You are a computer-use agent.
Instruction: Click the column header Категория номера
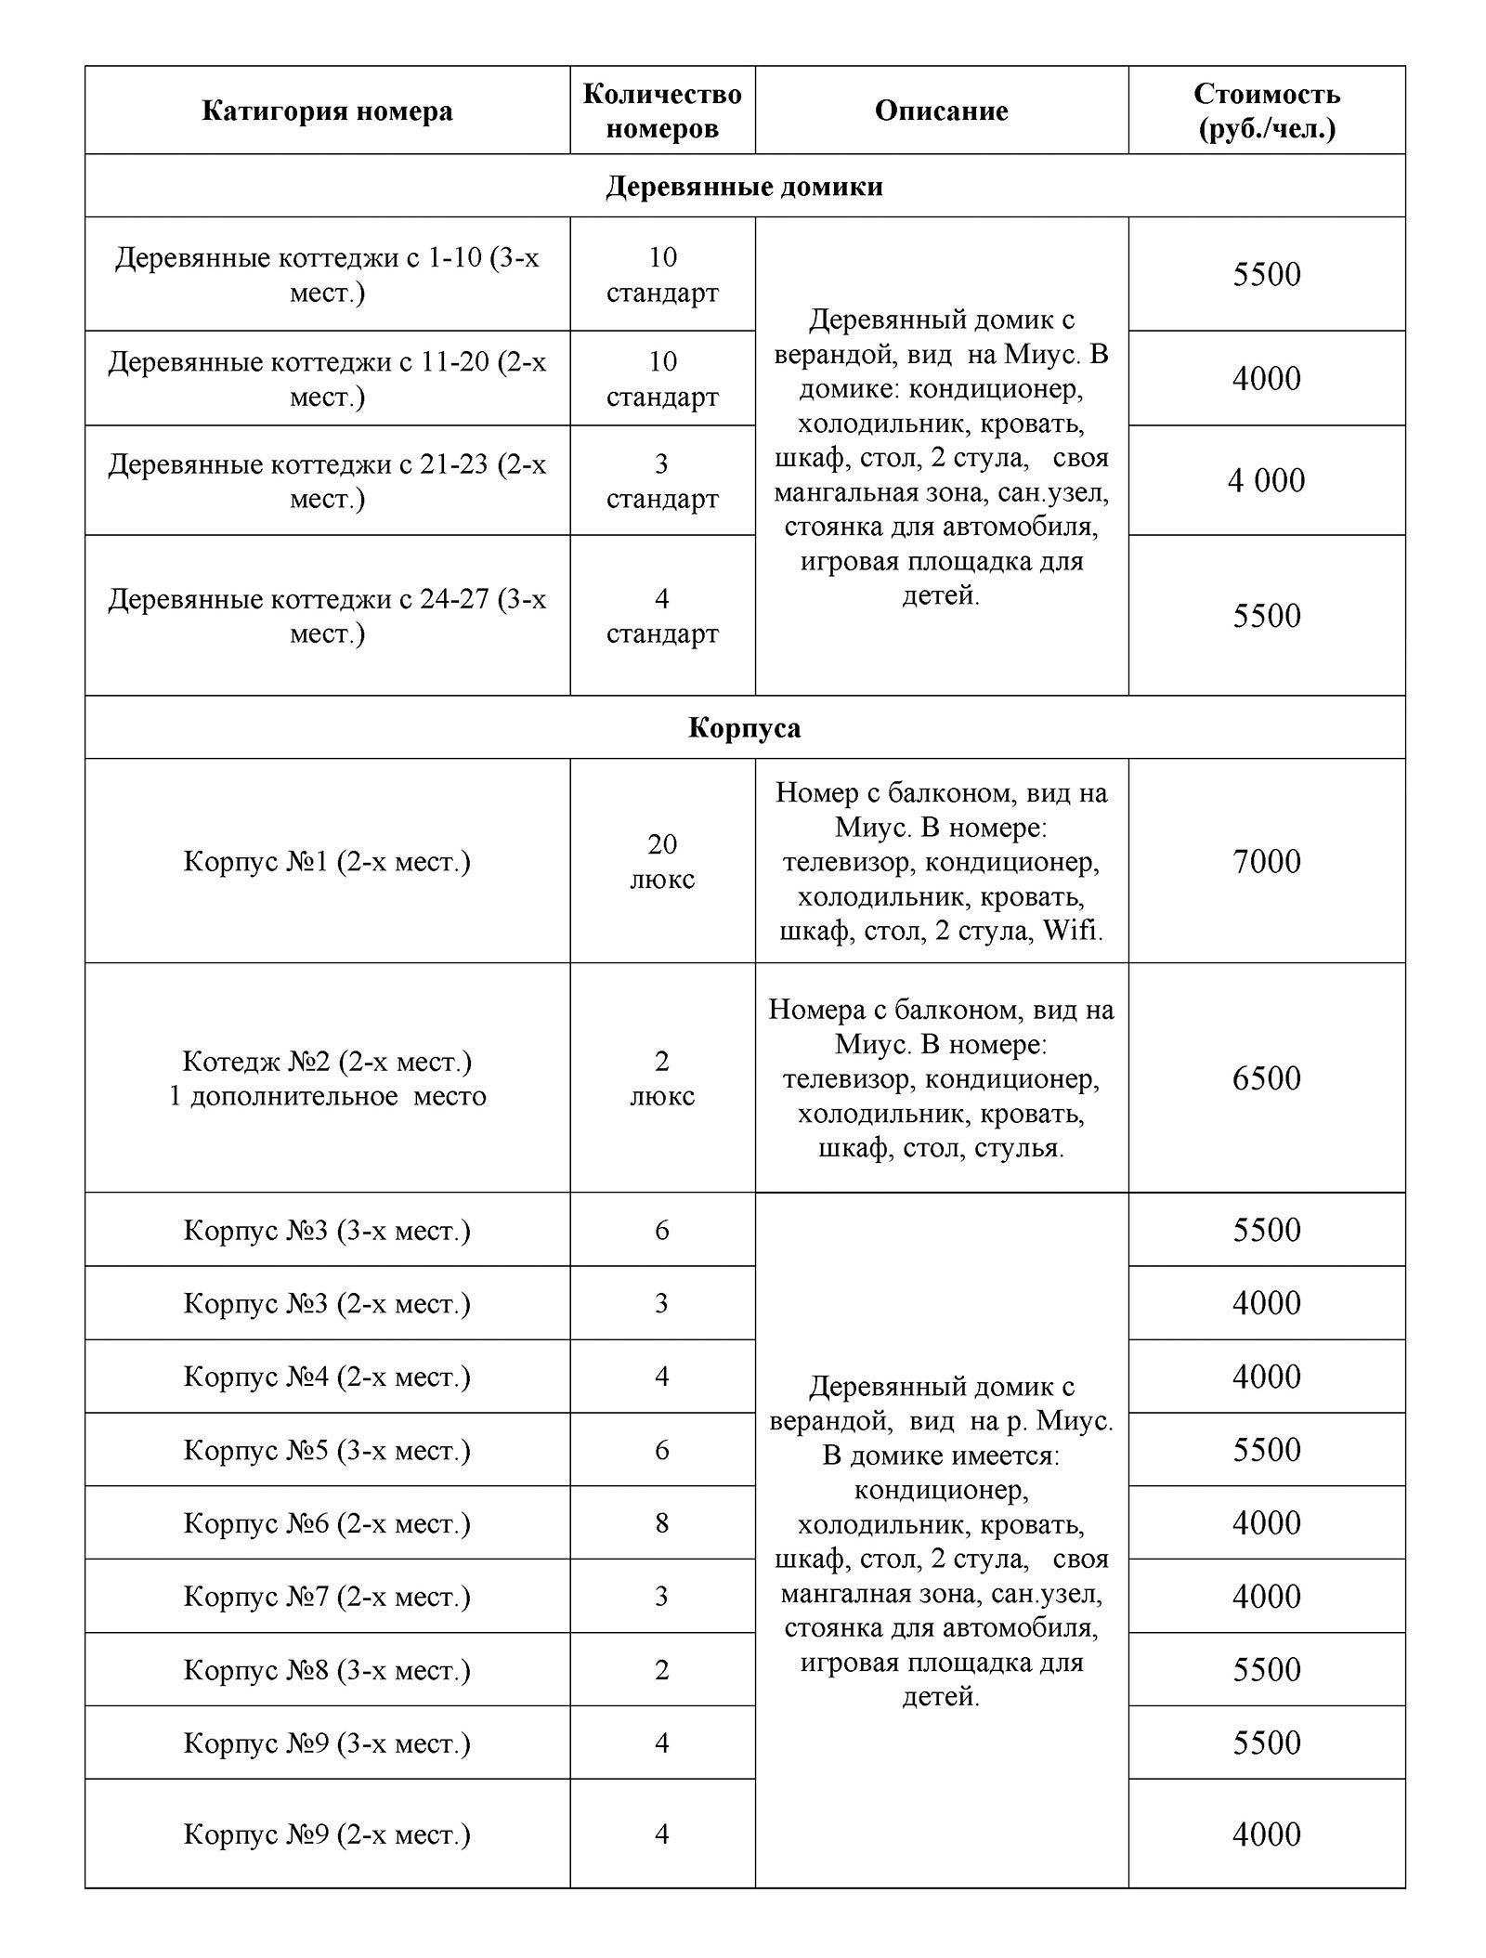click(x=327, y=111)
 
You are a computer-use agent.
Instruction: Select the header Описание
click(x=941, y=111)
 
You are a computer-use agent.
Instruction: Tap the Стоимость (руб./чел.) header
click(x=1267, y=111)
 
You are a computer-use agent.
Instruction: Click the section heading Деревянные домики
click(x=744, y=187)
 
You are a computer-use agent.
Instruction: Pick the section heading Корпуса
click(x=744, y=727)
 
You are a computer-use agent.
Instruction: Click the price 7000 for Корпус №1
click(x=1267, y=861)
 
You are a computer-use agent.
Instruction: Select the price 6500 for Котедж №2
click(x=1267, y=1077)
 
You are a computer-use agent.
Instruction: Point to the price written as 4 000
click(x=1267, y=480)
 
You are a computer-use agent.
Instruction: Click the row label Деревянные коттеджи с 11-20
click(x=327, y=378)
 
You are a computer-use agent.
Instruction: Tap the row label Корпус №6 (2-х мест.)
click(x=327, y=1523)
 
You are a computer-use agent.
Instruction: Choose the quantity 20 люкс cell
click(x=662, y=861)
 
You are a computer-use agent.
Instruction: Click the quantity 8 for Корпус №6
click(x=662, y=1523)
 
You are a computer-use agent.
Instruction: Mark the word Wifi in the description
click(x=1073, y=931)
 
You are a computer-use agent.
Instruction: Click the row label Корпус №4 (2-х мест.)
click(x=327, y=1376)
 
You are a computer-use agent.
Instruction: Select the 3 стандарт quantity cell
click(x=662, y=480)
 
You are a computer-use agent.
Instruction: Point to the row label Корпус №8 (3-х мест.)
click(x=327, y=1670)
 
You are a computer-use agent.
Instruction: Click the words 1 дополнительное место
click(x=327, y=1096)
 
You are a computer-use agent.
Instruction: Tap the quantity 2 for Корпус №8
click(x=662, y=1670)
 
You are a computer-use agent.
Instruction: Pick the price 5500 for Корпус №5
click(x=1267, y=1450)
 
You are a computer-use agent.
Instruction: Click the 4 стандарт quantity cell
click(x=662, y=616)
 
